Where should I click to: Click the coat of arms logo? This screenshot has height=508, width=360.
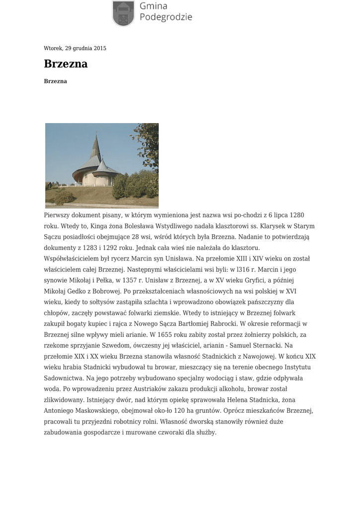[x=123, y=13]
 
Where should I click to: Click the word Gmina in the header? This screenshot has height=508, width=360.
[x=153, y=6]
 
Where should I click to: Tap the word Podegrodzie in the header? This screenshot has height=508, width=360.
[x=165, y=17]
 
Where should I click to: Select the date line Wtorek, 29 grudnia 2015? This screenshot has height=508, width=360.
[x=75, y=49]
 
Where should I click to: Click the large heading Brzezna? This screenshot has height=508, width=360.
[x=66, y=64]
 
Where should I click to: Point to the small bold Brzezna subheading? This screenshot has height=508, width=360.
[x=56, y=81]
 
